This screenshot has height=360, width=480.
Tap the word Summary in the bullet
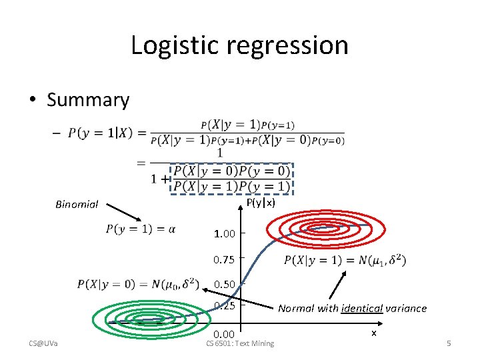click(x=88, y=100)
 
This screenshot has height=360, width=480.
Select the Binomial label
click(x=77, y=205)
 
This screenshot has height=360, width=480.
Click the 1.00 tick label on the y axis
click(x=224, y=234)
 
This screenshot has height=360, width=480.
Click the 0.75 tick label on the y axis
click(x=224, y=259)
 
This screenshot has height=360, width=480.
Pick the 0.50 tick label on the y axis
click(x=224, y=285)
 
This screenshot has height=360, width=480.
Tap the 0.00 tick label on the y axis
click(x=224, y=334)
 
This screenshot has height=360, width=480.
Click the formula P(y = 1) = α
click(x=141, y=229)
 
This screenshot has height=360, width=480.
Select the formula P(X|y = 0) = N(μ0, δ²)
click(x=138, y=284)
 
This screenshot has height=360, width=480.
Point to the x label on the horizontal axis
click(x=373, y=332)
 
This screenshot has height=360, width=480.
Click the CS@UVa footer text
click(x=43, y=343)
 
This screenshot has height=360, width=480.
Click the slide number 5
click(x=449, y=343)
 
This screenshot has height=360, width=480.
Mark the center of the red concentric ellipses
click(x=319, y=229)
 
